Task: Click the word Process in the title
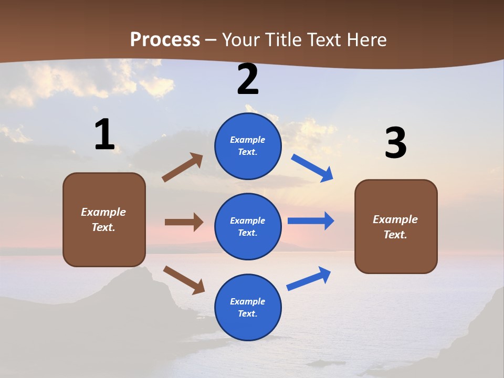click(165, 40)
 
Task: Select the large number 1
click(104, 135)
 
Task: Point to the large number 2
click(248, 80)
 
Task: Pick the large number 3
click(395, 143)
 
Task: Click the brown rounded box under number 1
click(104, 219)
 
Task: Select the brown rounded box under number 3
click(396, 227)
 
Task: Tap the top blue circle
click(248, 146)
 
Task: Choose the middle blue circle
click(248, 226)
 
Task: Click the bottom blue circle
click(248, 307)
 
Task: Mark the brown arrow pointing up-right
click(183, 167)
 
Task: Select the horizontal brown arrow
click(184, 222)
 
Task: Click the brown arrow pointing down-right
click(184, 280)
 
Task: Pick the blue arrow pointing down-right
click(312, 168)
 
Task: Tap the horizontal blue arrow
click(311, 221)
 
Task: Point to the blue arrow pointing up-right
click(309, 279)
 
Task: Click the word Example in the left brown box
click(103, 212)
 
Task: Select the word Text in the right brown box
click(395, 235)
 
